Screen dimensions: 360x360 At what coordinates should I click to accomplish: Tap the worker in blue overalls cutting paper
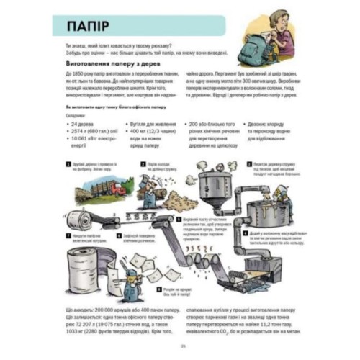133,277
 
